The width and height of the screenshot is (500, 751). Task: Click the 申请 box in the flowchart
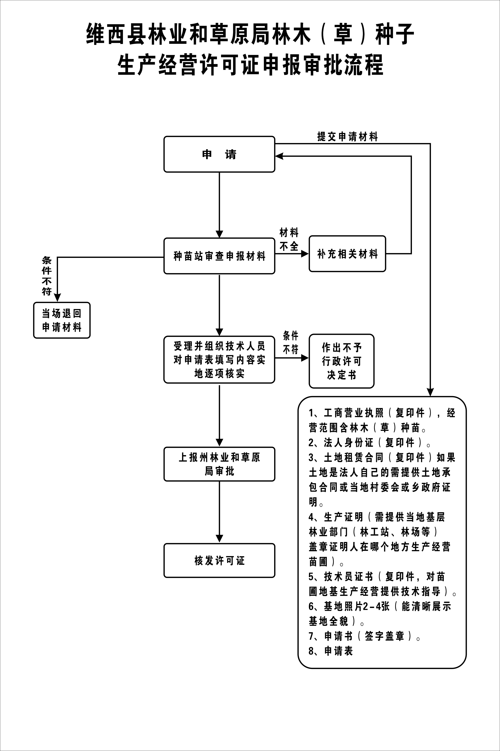(x=219, y=154)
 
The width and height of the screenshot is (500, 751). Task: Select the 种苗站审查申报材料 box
(x=219, y=256)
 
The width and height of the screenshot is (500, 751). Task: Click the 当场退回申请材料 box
(x=62, y=320)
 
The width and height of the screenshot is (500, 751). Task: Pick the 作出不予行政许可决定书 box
(x=341, y=361)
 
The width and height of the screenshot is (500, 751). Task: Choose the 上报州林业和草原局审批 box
(x=219, y=464)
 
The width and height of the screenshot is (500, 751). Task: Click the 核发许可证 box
(x=219, y=560)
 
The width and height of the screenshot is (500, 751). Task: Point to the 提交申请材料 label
(x=347, y=137)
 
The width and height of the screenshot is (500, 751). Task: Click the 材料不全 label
(x=289, y=239)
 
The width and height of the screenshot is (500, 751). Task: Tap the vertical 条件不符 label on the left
(x=47, y=276)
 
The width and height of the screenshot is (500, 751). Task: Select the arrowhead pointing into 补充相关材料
(x=305, y=254)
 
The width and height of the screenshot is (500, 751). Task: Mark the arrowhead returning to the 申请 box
(x=279, y=156)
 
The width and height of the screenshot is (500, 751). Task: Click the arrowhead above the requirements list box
(x=430, y=392)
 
